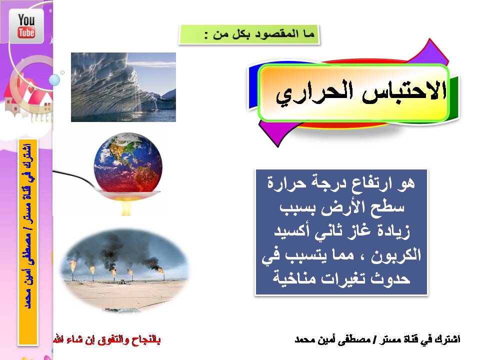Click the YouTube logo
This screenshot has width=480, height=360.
(26, 25)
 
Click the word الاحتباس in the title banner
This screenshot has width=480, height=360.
(404, 91)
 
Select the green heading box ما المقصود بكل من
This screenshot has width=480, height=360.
(249, 34)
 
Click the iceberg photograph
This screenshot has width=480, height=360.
(123, 87)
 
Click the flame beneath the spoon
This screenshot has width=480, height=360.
(126, 205)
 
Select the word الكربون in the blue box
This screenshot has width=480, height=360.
(396, 254)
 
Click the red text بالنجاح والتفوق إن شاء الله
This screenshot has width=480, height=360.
(107, 339)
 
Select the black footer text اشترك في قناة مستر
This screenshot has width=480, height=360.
(420, 339)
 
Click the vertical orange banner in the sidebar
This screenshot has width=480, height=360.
(28, 242)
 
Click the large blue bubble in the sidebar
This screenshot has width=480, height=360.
(54, 80)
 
